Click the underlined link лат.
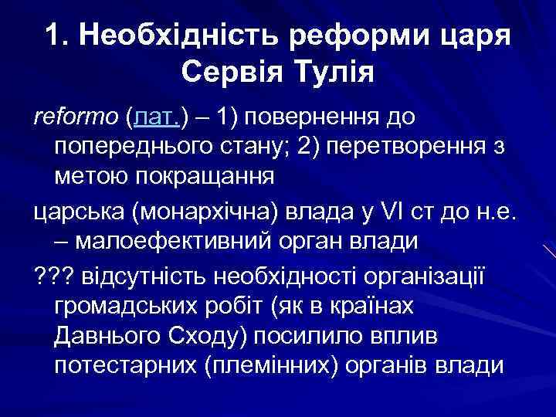pyautogui.click(x=157, y=117)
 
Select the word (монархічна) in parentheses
pyautogui.click(x=208, y=211)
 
